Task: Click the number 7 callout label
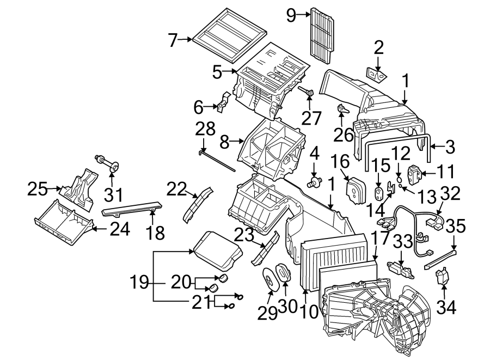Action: click(x=173, y=40)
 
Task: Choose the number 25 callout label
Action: click(x=38, y=190)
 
